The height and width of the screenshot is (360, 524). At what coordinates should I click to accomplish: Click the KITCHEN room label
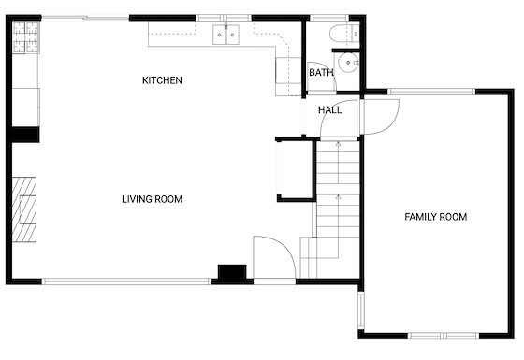point(162,80)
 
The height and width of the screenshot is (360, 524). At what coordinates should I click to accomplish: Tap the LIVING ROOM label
point(152,199)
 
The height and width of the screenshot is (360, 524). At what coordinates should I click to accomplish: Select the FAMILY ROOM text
point(436,217)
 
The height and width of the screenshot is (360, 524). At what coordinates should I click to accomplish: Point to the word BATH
point(321,73)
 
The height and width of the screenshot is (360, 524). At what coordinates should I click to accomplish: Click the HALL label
point(329,110)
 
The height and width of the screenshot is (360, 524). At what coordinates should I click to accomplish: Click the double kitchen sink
point(226,35)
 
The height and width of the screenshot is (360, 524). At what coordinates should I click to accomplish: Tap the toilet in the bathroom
point(344,34)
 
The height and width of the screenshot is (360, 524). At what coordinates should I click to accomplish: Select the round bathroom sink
point(348,63)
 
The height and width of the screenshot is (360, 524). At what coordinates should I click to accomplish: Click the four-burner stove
point(26,37)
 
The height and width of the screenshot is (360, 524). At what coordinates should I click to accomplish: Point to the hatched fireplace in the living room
point(24,209)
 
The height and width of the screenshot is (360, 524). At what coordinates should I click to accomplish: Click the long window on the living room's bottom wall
point(126,281)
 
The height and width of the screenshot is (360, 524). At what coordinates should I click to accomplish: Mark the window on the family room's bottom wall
point(444,336)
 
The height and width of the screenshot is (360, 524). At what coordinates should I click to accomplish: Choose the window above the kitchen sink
point(224,18)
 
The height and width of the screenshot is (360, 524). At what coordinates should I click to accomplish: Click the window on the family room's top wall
point(431,92)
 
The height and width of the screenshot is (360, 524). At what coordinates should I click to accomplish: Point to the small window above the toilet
point(329,18)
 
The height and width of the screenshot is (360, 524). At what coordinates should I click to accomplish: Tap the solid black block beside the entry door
point(232,272)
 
